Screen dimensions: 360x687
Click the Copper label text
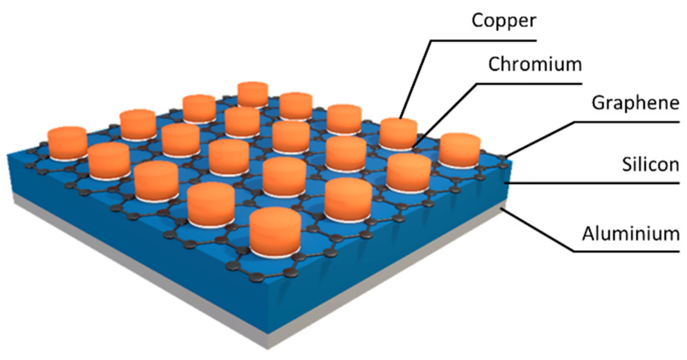click(503, 21)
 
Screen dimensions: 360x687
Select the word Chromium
click(534, 65)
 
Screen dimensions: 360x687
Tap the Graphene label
click(635, 103)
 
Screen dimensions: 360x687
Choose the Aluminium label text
click(630, 234)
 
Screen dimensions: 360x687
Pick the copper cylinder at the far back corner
click(253, 93)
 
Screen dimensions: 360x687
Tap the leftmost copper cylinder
click(67, 143)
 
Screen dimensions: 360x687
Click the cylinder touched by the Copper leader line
click(398, 133)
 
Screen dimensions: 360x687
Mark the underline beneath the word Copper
click(482, 40)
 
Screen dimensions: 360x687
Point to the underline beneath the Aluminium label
click(627, 252)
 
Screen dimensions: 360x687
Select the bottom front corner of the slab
click(268, 348)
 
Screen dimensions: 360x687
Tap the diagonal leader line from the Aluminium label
click(538, 230)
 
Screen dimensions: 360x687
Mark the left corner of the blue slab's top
click(8, 155)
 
